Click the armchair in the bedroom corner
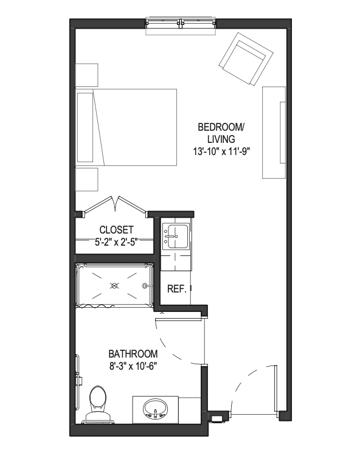click(x=246, y=59)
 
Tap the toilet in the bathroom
click(x=97, y=405)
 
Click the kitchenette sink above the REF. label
click(x=175, y=236)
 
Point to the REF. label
click(x=177, y=289)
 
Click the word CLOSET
click(x=116, y=230)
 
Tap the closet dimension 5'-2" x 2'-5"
click(x=117, y=243)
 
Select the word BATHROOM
click(x=133, y=354)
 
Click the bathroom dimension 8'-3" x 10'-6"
click(x=134, y=367)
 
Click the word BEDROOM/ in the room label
click(x=221, y=127)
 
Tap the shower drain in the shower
click(x=114, y=286)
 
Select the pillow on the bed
click(x=85, y=127)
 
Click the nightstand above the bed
click(x=86, y=75)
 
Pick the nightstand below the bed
click(x=86, y=179)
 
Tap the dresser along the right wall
click(x=274, y=133)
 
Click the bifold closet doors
click(x=116, y=206)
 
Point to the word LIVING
click(x=221, y=139)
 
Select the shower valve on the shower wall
click(x=145, y=286)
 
